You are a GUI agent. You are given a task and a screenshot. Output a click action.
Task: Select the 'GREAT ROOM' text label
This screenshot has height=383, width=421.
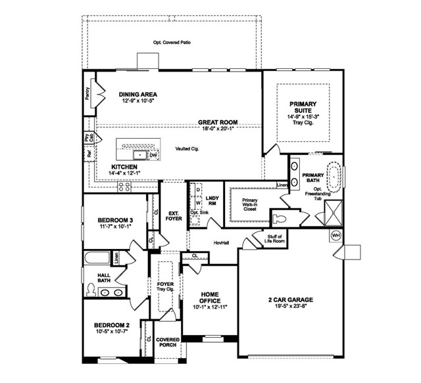(218, 122)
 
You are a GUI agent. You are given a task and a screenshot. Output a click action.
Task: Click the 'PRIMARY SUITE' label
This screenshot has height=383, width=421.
(303, 108)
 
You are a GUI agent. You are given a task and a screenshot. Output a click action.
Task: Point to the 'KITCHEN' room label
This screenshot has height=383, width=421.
(124, 168)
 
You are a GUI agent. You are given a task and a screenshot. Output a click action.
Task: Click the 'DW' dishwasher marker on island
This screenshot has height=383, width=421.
(153, 155)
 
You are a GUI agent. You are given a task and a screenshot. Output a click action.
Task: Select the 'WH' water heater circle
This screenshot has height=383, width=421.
(335, 236)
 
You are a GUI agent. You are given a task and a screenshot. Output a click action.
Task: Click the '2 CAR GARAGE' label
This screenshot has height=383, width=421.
(289, 300)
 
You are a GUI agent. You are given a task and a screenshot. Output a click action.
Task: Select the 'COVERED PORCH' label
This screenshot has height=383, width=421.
(168, 342)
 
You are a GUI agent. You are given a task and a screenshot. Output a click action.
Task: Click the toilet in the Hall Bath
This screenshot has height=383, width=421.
(91, 288)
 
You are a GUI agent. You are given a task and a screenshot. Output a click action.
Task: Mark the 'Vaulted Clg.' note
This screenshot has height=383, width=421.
(187, 148)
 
